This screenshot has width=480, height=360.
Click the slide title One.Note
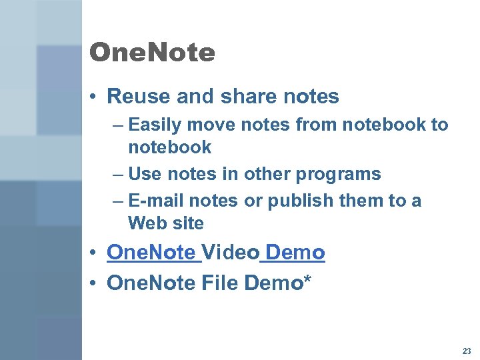click(152, 53)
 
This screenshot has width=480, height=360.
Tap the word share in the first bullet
click(251, 97)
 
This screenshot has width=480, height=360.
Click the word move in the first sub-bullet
click(205, 125)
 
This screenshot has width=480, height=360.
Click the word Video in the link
click(230, 253)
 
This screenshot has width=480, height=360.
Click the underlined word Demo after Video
click(295, 253)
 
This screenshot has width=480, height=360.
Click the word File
click(219, 283)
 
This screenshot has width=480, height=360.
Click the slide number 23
click(465, 351)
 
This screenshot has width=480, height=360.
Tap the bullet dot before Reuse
click(96, 97)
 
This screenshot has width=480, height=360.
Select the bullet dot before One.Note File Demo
click(96, 284)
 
